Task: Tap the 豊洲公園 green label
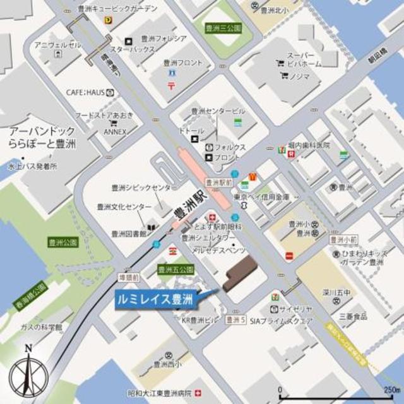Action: tap(62, 242)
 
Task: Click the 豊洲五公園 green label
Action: tap(174, 270)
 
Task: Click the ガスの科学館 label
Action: tap(42, 327)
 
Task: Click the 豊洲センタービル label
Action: tap(218, 111)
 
